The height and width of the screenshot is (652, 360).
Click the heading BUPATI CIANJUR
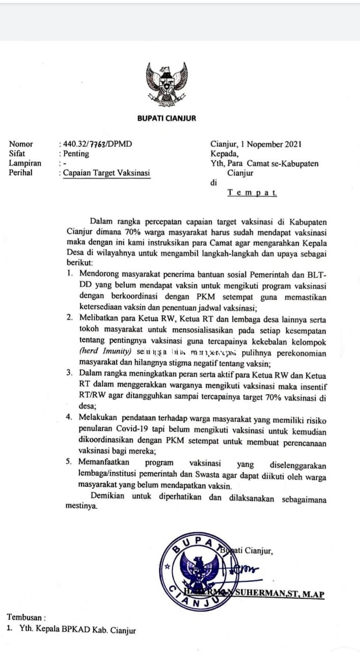pyautogui.click(x=167, y=118)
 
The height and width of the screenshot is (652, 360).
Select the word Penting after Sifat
pyautogui.click(x=75, y=153)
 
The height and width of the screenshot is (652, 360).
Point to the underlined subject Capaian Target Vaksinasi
pyautogui.click(x=106, y=173)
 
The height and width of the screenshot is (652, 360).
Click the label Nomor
pyautogui.click(x=21, y=144)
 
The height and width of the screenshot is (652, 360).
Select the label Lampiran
pyautogui.click(x=25, y=163)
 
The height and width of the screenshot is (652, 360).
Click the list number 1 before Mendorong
pyautogui.click(x=70, y=274)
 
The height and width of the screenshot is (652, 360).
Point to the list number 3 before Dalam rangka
pyautogui.click(x=70, y=372)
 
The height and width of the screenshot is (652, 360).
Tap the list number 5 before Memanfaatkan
pyautogui.click(x=70, y=462)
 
